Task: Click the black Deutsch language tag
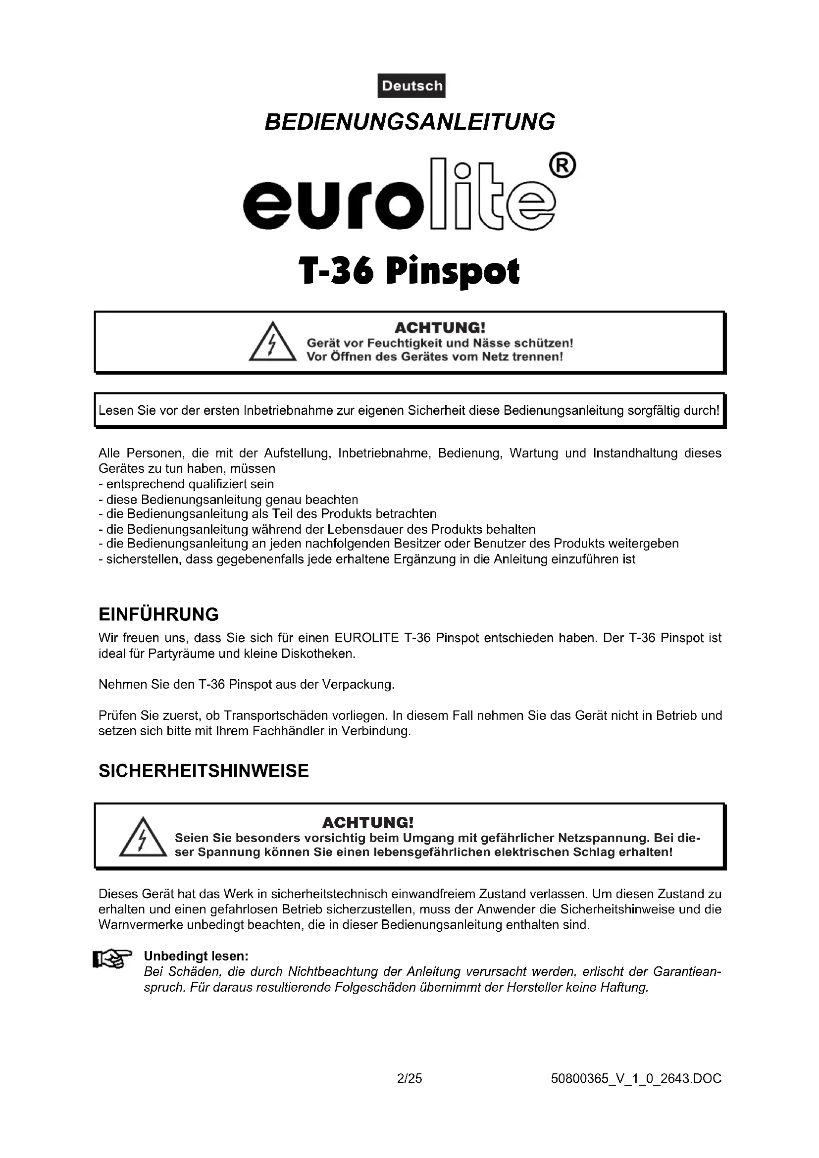[411, 86]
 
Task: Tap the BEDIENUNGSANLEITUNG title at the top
[409, 122]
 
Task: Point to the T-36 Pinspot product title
[409, 272]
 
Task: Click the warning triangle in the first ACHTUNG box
[272, 343]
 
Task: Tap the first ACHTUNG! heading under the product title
[440, 328]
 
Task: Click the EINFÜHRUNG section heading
[158, 615]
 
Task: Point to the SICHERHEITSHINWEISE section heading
[203, 771]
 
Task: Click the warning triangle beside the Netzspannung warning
[143, 838]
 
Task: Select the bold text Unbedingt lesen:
[196, 956]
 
